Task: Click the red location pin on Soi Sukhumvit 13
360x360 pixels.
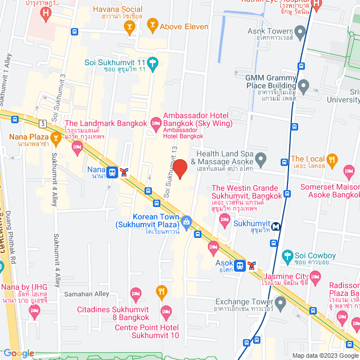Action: coord(179,168)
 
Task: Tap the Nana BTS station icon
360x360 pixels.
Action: coord(112,172)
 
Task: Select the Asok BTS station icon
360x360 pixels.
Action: coord(240,265)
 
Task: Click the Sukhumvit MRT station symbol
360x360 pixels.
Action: coord(276,227)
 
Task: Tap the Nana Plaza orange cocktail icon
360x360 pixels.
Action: coord(55,137)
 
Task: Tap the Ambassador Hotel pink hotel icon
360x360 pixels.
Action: coord(155,122)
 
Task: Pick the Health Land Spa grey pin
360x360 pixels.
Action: coord(260,157)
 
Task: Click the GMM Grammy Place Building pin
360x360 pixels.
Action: coord(304,87)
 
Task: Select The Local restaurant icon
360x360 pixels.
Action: coord(332,159)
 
